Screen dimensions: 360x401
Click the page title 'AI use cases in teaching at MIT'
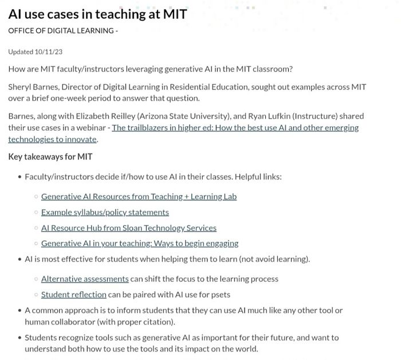tap(97, 14)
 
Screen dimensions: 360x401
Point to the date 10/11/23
tap(49, 52)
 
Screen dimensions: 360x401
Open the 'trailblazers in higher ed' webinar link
tap(235, 127)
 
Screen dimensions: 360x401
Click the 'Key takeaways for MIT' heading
tap(50, 156)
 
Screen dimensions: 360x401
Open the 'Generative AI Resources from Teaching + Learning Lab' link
tap(139, 197)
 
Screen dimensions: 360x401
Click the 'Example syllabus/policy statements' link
tap(105, 212)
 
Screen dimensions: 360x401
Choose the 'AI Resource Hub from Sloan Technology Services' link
tap(129, 228)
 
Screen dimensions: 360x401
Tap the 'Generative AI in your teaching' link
tap(140, 243)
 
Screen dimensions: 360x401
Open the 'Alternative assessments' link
tap(85, 279)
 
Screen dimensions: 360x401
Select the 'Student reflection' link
tap(74, 295)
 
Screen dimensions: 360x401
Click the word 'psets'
tap(221, 295)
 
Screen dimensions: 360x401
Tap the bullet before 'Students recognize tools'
tap(19, 338)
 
